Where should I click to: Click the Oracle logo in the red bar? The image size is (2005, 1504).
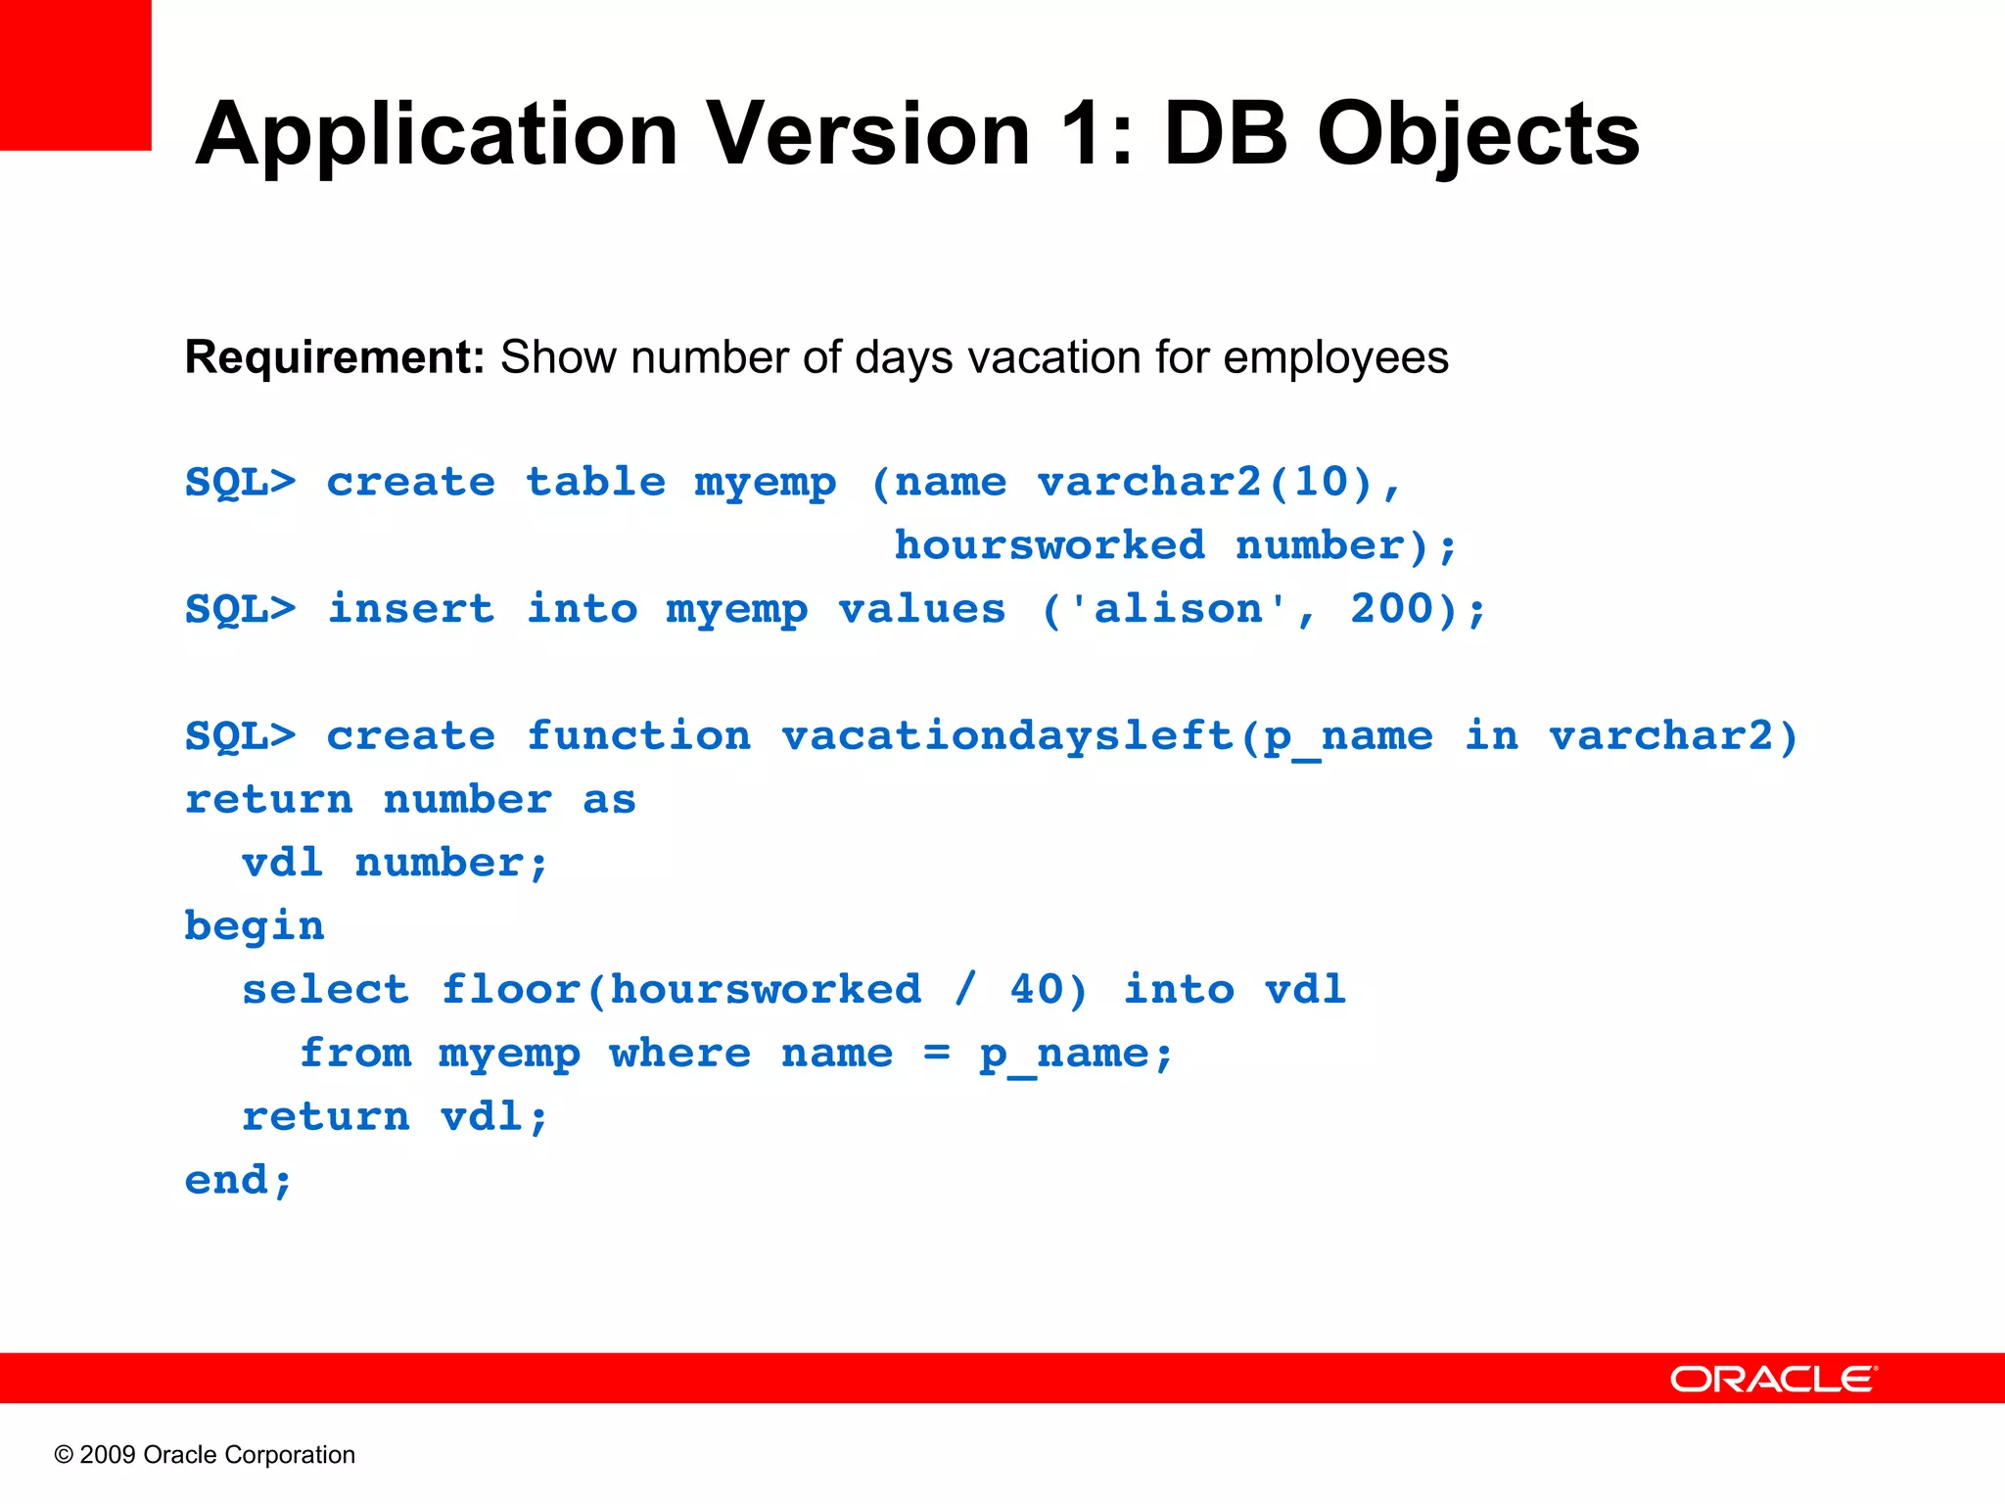(x=1773, y=1379)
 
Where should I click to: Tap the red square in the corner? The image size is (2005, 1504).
(x=75, y=74)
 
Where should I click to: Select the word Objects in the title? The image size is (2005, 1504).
(x=1478, y=136)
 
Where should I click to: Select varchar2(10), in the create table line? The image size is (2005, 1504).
(x=1220, y=483)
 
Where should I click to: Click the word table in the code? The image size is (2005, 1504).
(x=595, y=483)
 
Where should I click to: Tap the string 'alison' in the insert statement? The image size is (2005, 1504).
(x=1178, y=610)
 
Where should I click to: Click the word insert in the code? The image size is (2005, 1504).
(x=411, y=609)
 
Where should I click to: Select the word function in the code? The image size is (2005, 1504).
(x=638, y=736)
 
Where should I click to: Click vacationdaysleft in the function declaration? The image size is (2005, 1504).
(x=1007, y=736)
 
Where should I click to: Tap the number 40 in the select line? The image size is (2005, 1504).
(x=1037, y=990)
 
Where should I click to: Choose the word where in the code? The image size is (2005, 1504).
(x=680, y=1054)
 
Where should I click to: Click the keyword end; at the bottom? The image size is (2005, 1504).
(x=239, y=1181)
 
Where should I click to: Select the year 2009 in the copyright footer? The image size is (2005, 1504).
(x=108, y=1455)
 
